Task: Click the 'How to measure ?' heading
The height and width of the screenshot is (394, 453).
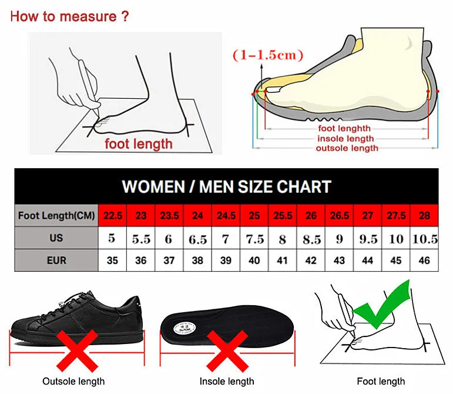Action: [x=69, y=16]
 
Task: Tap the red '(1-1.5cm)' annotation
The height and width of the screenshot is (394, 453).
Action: [x=268, y=55]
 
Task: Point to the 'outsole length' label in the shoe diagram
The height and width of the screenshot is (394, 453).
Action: [x=347, y=148]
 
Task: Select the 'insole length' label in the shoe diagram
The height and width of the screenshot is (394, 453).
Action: [x=345, y=139]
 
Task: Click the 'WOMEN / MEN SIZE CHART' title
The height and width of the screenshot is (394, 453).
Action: [x=226, y=187]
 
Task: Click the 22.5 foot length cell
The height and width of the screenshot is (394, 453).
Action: [x=113, y=215]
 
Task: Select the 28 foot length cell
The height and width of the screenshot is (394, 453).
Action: [x=424, y=215]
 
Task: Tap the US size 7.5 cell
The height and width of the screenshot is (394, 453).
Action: [x=254, y=239]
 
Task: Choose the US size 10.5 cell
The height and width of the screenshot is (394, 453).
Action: [x=424, y=239]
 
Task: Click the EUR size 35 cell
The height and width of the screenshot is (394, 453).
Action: [x=113, y=261]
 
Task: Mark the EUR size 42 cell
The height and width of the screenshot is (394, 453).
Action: [x=311, y=261]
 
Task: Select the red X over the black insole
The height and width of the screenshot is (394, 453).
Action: [x=227, y=351]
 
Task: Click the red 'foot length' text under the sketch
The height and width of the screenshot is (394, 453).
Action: [x=139, y=143]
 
